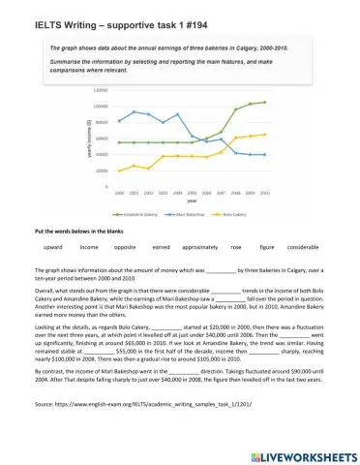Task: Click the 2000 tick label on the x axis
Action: point(118,193)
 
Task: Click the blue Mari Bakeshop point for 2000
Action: point(118,121)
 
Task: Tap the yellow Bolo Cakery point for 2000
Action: point(118,170)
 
